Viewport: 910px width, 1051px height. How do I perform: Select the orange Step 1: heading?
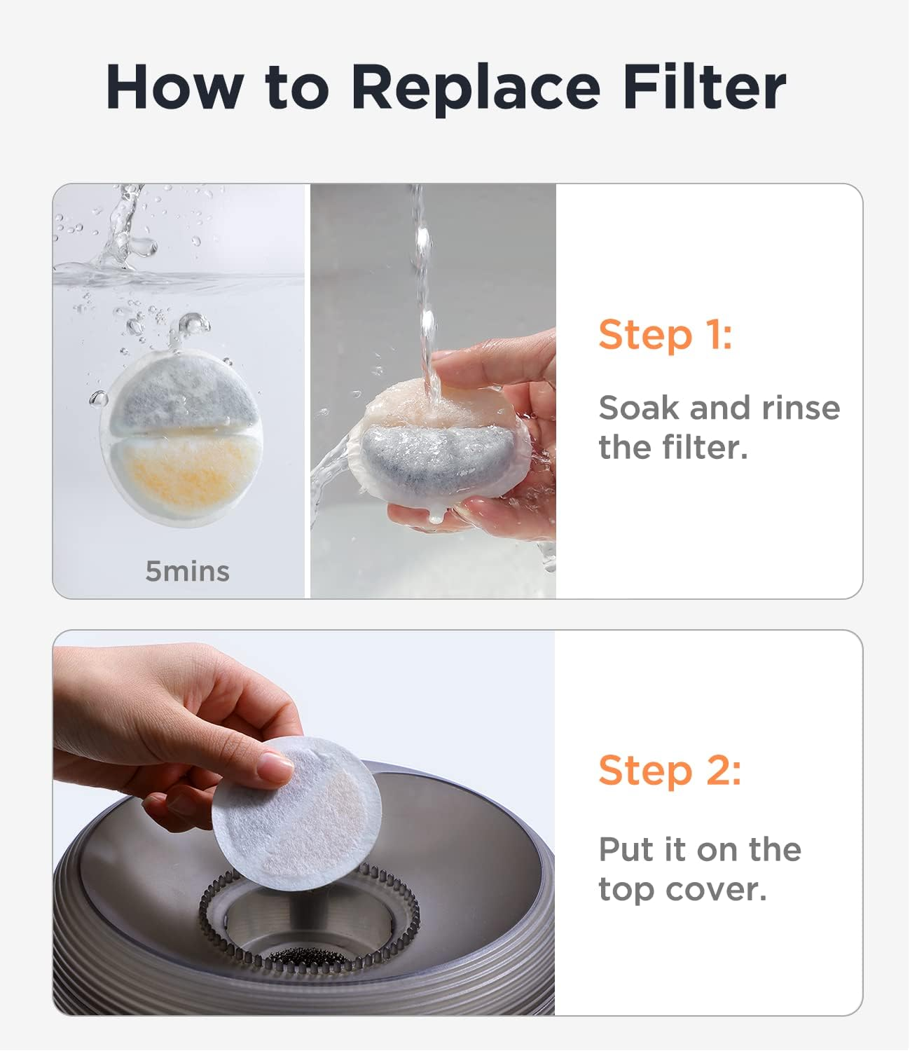pos(665,334)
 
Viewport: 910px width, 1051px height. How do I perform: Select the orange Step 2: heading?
pos(669,770)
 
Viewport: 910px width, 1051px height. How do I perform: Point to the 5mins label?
pos(187,572)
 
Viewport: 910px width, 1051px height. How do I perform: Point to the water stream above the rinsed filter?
pos(423,280)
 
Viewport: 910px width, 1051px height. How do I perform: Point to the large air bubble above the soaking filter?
pos(193,324)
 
